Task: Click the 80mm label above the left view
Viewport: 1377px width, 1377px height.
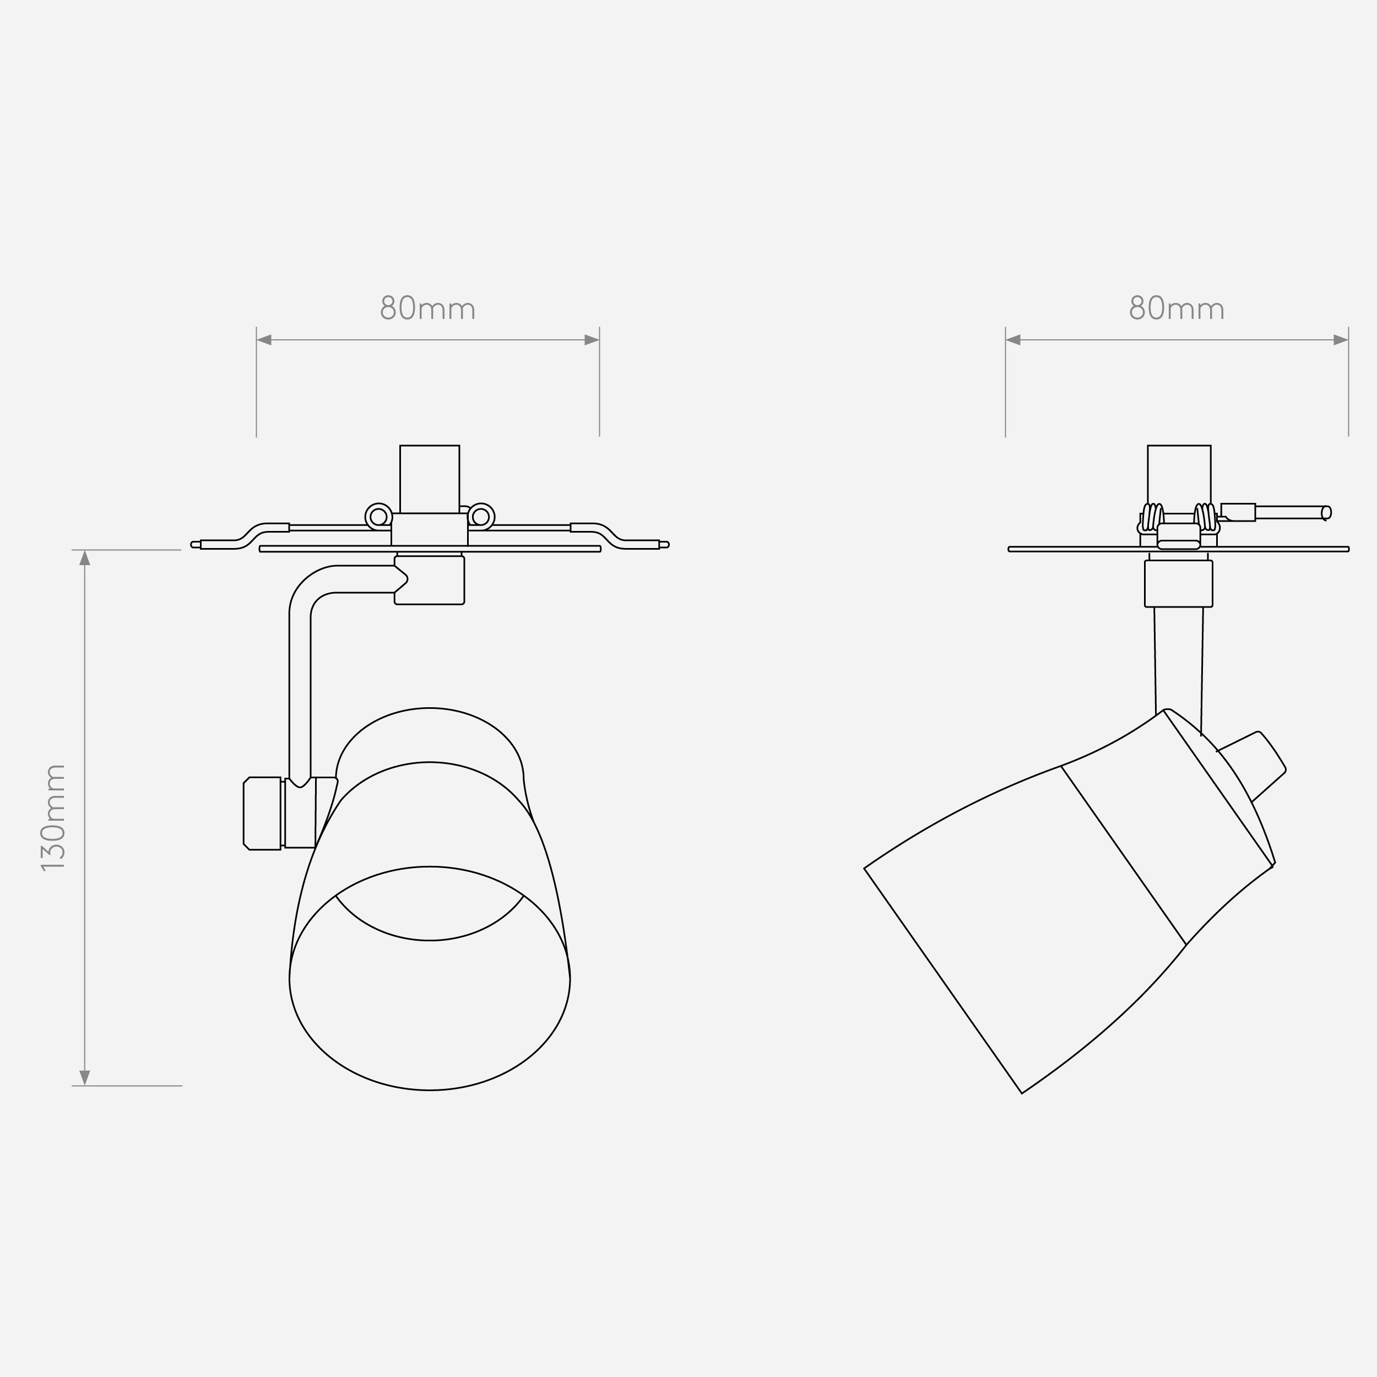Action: [427, 308]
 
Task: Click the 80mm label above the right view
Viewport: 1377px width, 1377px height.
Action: [1177, 308]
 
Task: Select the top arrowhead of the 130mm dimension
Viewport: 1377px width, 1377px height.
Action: [85, 557]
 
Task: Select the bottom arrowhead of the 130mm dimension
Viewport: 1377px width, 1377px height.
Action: [85, 1078]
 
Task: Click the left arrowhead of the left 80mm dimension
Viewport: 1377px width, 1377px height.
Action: [264, 340]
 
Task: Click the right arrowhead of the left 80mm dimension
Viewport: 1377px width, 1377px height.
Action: [592, 340]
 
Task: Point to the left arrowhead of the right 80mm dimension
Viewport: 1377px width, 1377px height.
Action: [1013, 340]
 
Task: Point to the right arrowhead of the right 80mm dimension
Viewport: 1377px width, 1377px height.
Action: [1341, 340]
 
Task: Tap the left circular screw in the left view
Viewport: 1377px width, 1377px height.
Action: [378, 517]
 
